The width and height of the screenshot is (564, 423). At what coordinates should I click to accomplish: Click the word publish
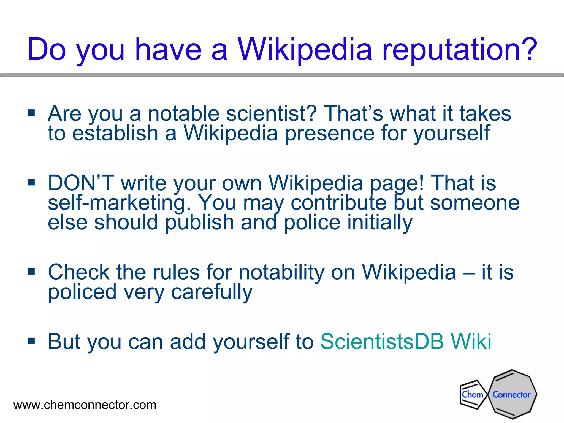[x=200, y=223]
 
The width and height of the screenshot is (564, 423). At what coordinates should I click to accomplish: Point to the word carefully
[x=212, y=292]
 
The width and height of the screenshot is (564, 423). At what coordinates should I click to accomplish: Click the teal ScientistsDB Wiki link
[x=406, y=341]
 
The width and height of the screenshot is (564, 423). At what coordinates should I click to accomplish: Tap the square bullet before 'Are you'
[x=32, y=113]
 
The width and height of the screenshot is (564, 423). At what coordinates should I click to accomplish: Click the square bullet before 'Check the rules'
[x=32, y=272]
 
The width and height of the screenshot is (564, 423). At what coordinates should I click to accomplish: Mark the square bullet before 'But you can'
[x=32, y=341]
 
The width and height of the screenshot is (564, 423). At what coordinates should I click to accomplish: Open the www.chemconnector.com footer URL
[x=85, y=405]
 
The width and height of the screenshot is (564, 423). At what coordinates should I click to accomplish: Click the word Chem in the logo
[x=473, y=394]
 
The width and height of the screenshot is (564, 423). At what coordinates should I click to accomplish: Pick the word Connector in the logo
[x=512, y=395]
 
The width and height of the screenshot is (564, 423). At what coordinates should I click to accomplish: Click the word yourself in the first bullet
[x=452, y=134]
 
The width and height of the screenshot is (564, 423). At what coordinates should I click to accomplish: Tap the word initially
[x=380, y=223]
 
